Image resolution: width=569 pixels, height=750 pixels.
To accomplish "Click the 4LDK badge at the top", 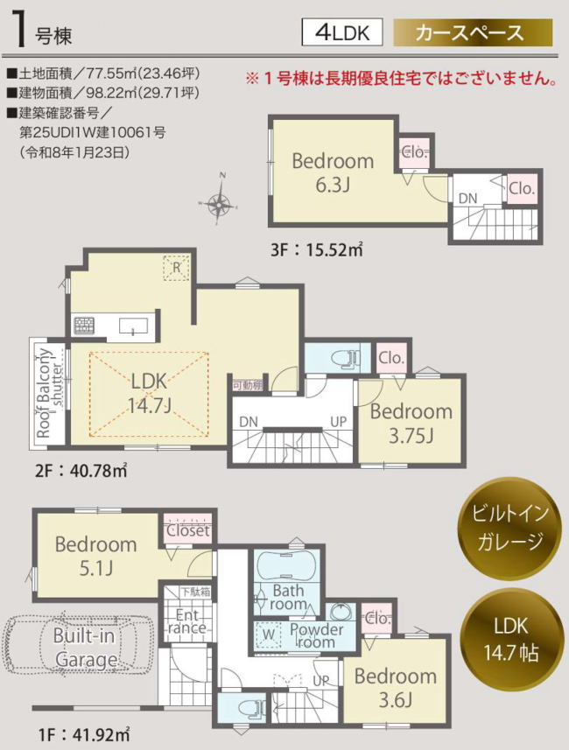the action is [341, 32].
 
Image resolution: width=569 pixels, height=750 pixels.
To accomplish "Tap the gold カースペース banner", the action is [473, 32].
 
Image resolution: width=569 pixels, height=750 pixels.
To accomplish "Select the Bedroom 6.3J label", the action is [333, 172].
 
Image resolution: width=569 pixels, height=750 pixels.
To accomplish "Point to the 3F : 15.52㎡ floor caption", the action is [316, 249].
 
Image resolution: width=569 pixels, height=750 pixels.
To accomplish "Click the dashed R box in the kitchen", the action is [176, 268].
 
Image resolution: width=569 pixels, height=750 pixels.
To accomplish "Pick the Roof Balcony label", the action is [44, 394].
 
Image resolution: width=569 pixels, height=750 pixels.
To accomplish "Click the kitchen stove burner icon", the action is [84, 326].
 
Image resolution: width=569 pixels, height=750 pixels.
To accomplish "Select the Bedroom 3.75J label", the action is [411, 423].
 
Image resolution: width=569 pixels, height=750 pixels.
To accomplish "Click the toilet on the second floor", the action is [348, 357].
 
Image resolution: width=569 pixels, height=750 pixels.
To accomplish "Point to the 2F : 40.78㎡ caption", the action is [81, 471].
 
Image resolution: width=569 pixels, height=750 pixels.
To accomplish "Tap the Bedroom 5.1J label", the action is [95, 556].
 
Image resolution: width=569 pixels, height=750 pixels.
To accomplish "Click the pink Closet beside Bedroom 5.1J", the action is [187, 529].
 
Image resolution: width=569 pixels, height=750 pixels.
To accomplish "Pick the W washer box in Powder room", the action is [269, 634].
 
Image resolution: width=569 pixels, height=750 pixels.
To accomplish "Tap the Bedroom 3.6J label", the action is [396, 688].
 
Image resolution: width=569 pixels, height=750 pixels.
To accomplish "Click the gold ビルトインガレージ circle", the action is [510, 528].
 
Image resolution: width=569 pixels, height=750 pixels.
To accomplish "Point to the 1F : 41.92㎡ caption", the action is [82, 734].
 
